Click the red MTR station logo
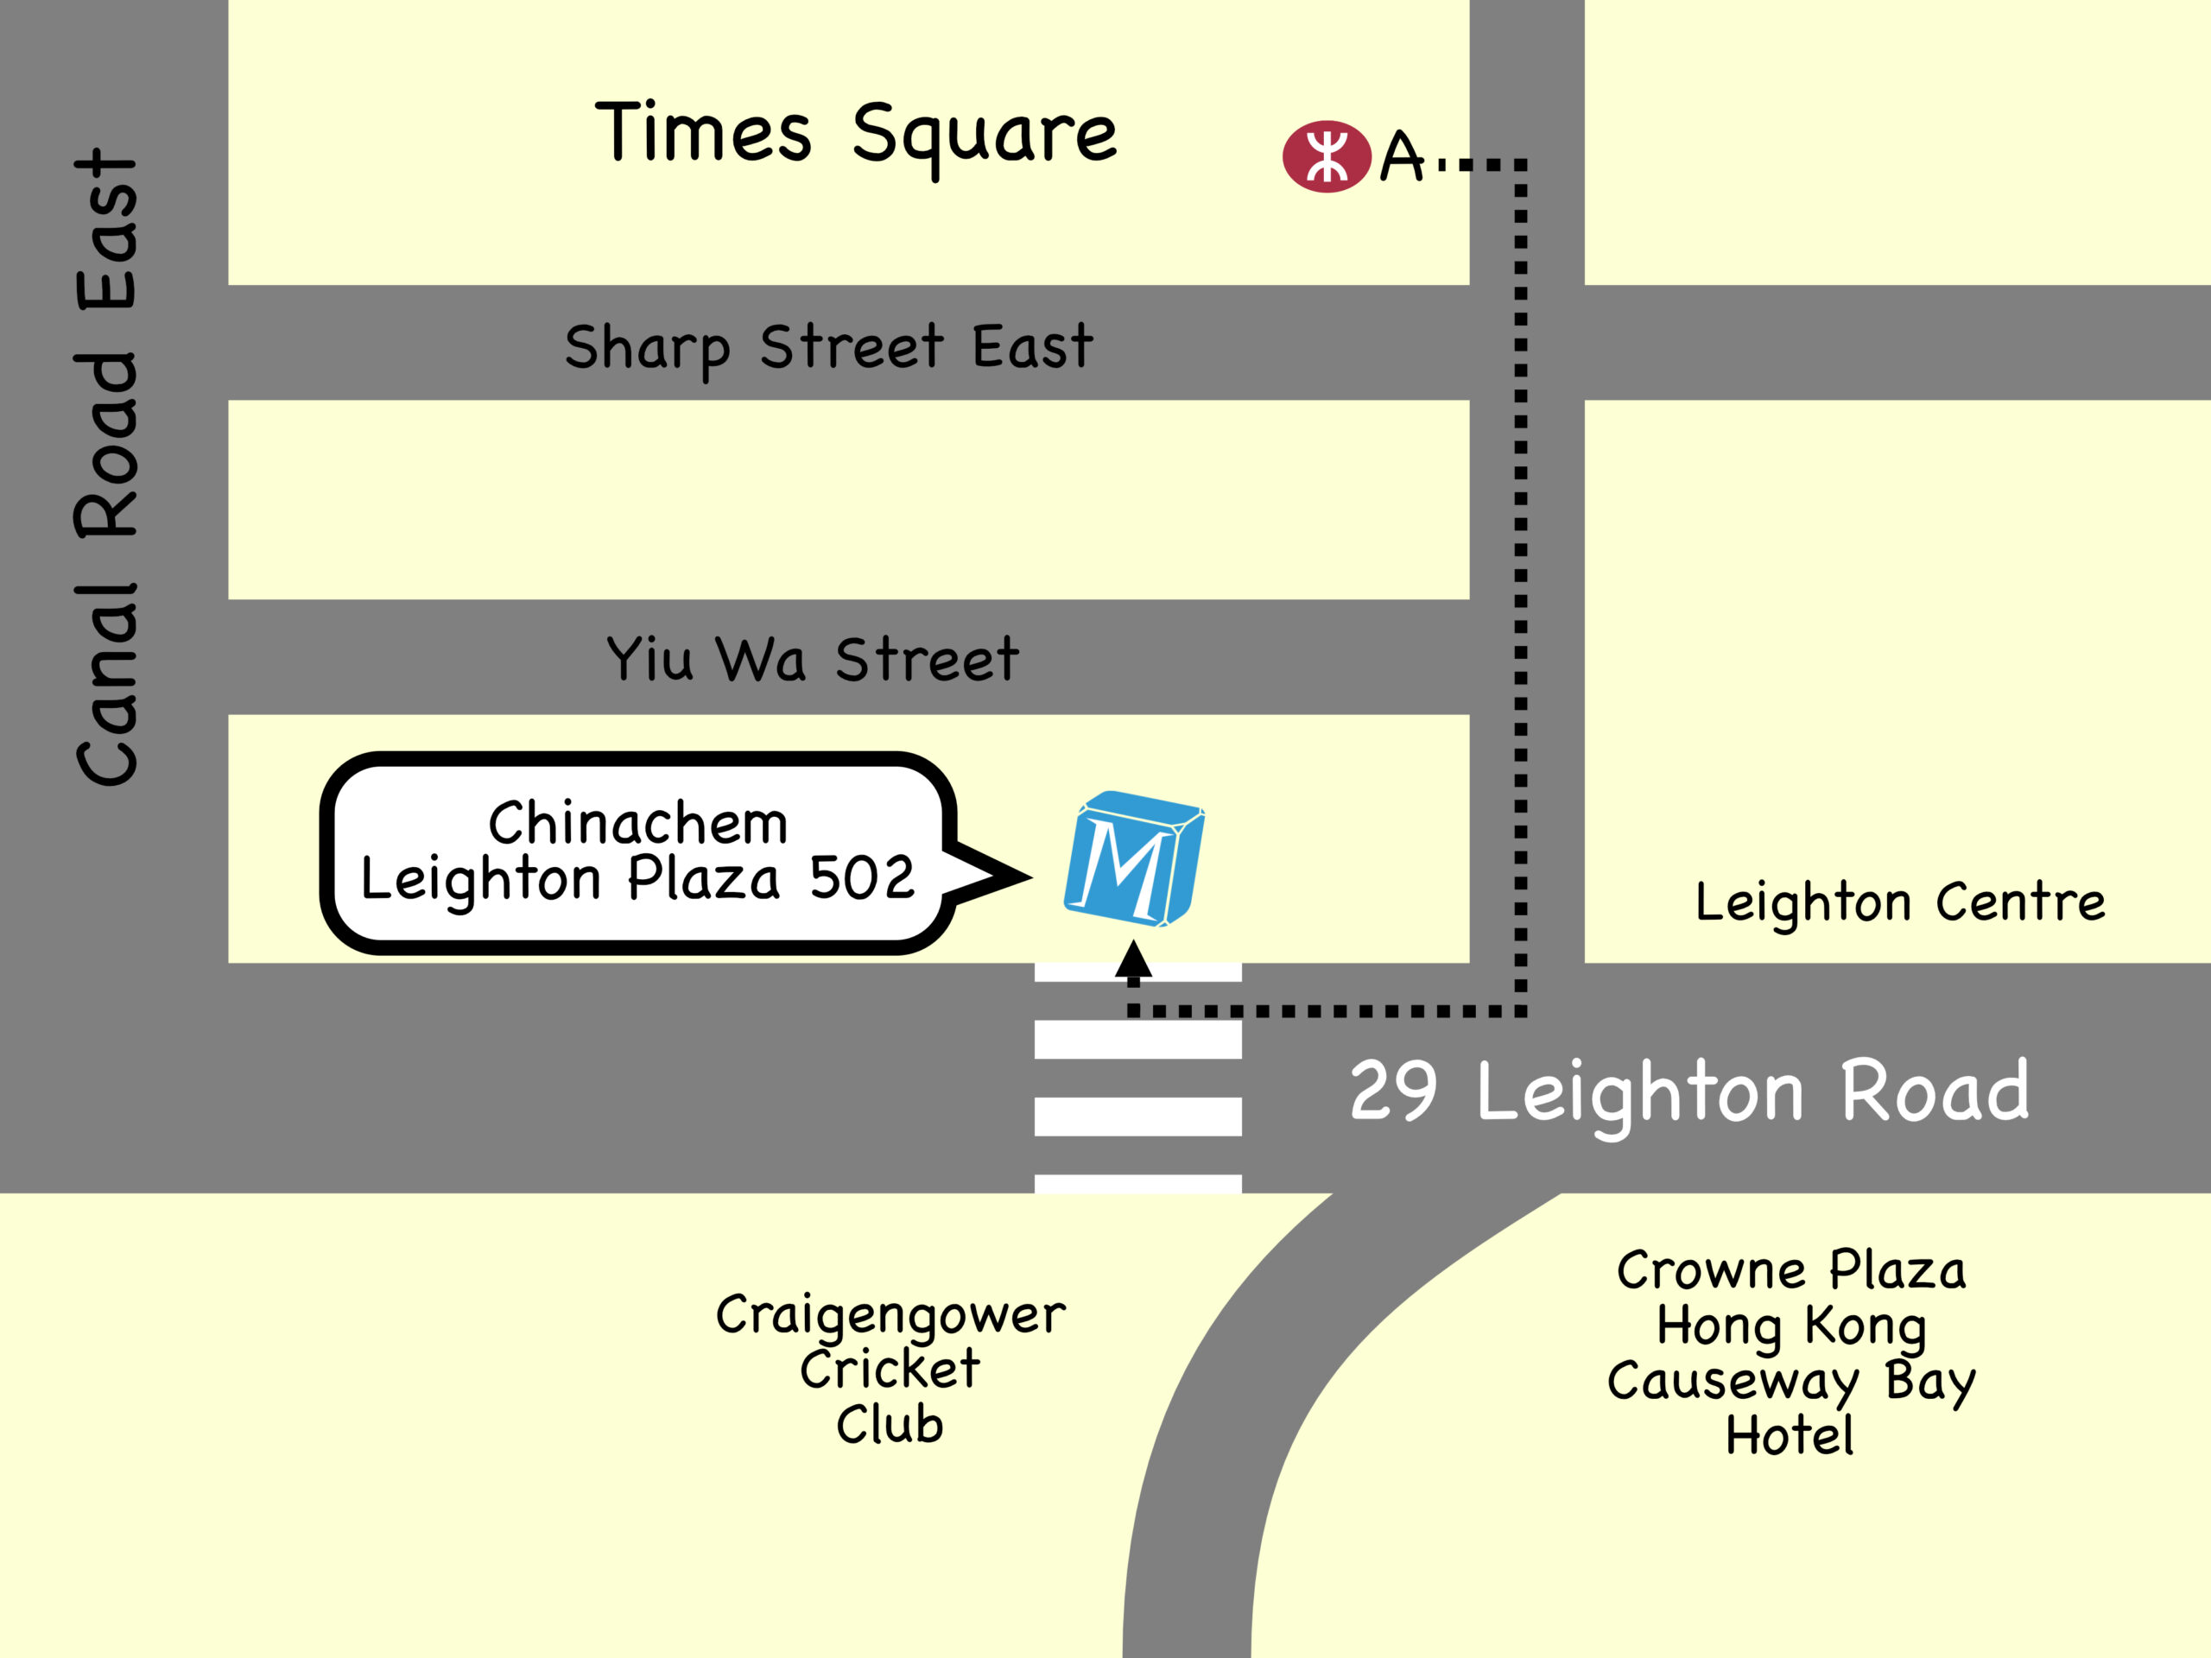[x=1327, y=156]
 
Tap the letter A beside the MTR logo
[x=1402, y=158]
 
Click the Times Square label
[x=856, y=135]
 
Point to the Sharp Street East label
[x=828, y=347]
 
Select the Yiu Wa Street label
[x=813, y=660]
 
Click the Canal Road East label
[x=107, y=468]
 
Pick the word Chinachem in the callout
[x=637, y=824]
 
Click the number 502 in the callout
[x=862, y=878]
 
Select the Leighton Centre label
[x=1900, y=902]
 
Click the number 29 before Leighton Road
[x=1393, y=1091]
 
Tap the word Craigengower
[x=890, y=1315]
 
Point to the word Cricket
[x=890, y=1370]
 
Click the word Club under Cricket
[x=890, y=1424]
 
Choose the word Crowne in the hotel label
[x=1710, y=1271]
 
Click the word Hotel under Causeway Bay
[x=1790, y=1436]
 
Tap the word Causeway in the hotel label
[x=1733, y=1383]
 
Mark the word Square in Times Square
[x=985, y=137]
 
